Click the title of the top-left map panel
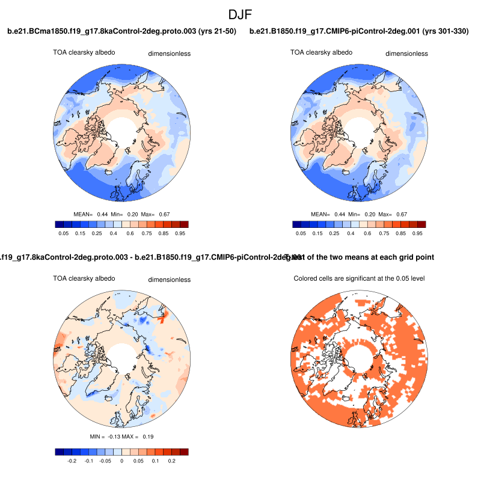(121, 31)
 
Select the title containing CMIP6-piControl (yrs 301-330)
(359, 31)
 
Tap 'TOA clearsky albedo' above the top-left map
(84, 52)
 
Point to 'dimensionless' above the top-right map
(170, 54)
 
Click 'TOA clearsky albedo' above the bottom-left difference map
(84, 278)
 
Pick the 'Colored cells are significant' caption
(360, 278)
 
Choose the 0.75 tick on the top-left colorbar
(146, 232)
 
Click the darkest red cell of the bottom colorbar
(183, 452)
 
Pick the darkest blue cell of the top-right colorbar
(297, 224)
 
